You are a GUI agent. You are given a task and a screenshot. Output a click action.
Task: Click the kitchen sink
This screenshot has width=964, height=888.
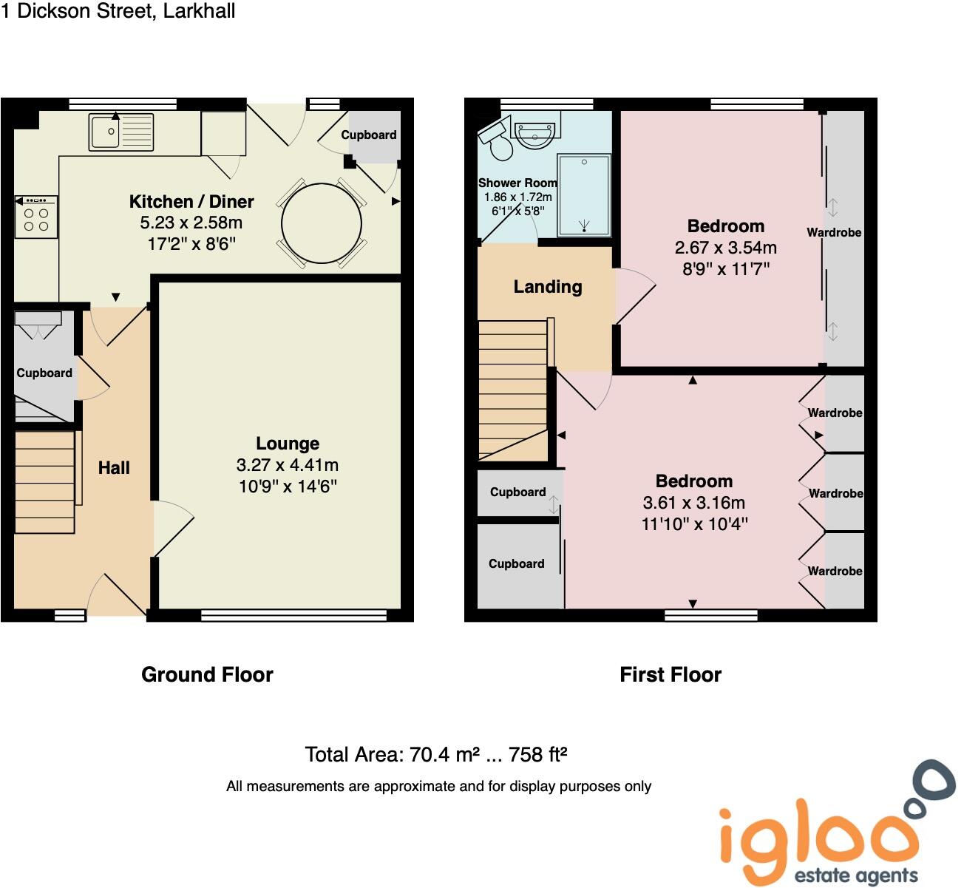point(120,132)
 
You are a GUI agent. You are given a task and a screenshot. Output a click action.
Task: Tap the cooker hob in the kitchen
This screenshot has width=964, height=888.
point(35,217)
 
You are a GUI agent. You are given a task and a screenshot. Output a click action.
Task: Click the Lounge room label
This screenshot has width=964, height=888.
point(288,444)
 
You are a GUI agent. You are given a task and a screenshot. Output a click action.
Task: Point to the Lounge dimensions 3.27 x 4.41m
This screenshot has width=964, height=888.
point(288,465)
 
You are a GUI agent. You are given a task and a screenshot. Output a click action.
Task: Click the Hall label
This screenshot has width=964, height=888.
point(114,467)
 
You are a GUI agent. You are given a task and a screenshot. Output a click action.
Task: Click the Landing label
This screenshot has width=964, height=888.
point(548,287)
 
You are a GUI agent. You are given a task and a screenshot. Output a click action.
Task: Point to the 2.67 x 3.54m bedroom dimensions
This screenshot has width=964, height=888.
point(725,248)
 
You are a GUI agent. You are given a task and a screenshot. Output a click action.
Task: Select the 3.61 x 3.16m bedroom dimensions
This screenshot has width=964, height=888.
point(693,503)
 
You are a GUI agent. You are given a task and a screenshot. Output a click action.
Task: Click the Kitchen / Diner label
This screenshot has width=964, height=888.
point(191,201)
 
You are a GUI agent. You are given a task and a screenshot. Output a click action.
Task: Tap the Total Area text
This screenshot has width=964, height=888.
point(436,754)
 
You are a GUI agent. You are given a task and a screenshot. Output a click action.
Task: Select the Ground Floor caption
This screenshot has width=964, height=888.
point(207,674)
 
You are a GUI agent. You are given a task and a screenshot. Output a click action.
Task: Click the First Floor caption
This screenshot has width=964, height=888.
point(671,674)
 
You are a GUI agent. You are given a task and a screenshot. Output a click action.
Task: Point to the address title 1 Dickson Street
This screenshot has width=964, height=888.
point(118,11)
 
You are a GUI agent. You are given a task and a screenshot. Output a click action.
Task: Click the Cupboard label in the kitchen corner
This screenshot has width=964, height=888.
point(368,135)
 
